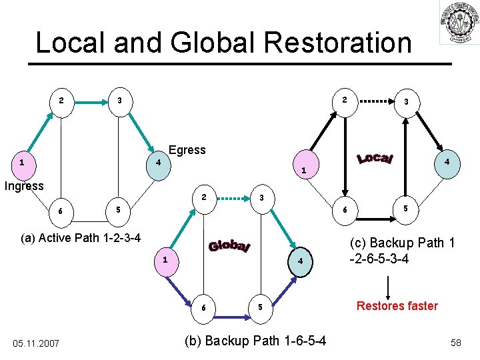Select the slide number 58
(456, 343)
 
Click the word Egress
(187, 150)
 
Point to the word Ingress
(24, 186)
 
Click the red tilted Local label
(376, 158)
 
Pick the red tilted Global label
(229, 246)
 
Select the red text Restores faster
(397, 306)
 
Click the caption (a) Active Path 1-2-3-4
(81, 238)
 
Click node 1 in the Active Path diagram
(23, 162)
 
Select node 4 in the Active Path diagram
(157, 163)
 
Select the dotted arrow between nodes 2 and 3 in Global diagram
(233, 197)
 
